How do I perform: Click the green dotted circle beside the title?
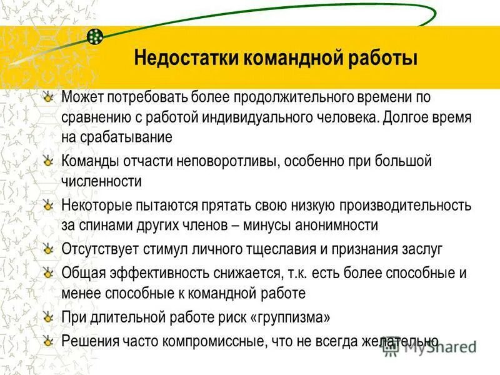click(x=95, y=36)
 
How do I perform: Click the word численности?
click(x=101, y=181)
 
